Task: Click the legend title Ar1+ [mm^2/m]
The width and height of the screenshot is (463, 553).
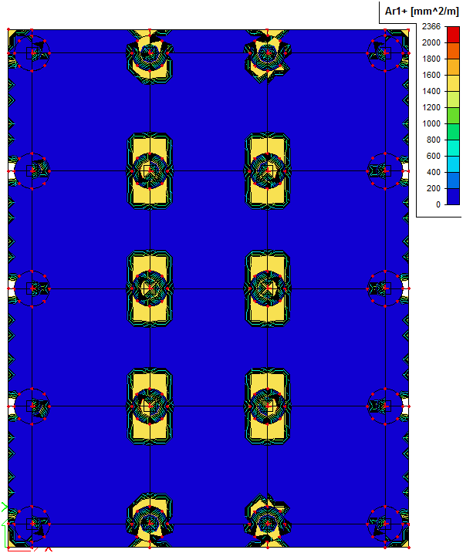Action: pos(421,12)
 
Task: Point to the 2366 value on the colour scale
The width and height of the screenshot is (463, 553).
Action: pos(431,26)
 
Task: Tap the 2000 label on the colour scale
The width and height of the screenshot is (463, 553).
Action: pos(431,42)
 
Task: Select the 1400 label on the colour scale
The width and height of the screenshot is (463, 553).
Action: pos(431,91)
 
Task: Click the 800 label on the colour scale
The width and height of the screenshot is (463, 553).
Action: pos(434,140)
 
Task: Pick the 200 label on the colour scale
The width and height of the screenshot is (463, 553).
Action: pos(434,189)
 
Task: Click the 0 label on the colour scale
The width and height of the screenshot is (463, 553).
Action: pos(438,204)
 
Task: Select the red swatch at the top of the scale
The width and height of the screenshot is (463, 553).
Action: pos(453,35)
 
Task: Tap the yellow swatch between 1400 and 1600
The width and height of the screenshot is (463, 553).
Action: pos(453,83)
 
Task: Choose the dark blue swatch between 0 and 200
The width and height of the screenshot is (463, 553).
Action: pos(453,197)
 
